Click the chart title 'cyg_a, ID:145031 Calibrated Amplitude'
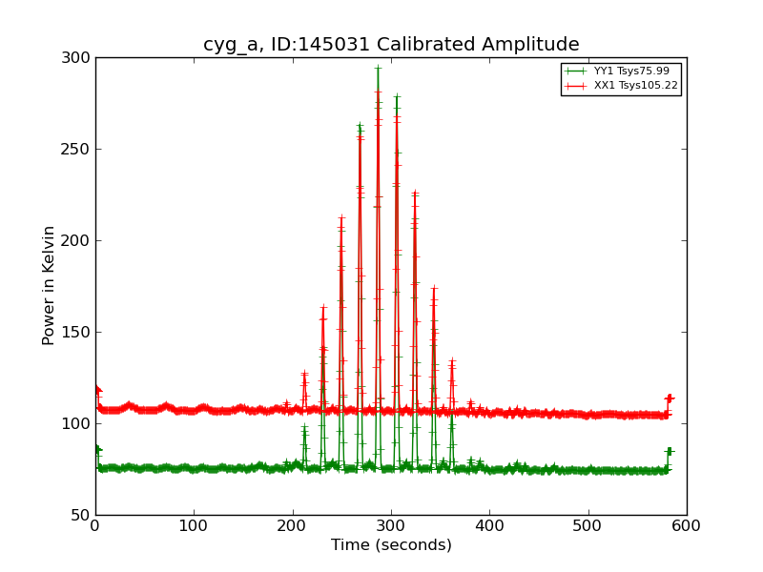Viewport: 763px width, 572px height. coord(391,45)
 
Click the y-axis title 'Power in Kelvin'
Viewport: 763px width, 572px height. coord(49,285)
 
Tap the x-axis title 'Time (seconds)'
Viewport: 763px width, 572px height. coord(391,545)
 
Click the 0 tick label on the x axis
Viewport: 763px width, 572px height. coord(95,525)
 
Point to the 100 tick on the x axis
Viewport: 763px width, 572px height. coord(194,525)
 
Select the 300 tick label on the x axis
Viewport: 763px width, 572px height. coord(391,525)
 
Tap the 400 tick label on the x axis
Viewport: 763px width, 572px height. coord(489,525)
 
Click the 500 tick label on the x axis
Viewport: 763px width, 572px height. coord(588,525)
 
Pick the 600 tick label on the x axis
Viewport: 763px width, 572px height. coord(687,525)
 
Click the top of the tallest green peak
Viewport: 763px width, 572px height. coord(378,67)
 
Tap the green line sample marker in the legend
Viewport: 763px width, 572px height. coord(575,71)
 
